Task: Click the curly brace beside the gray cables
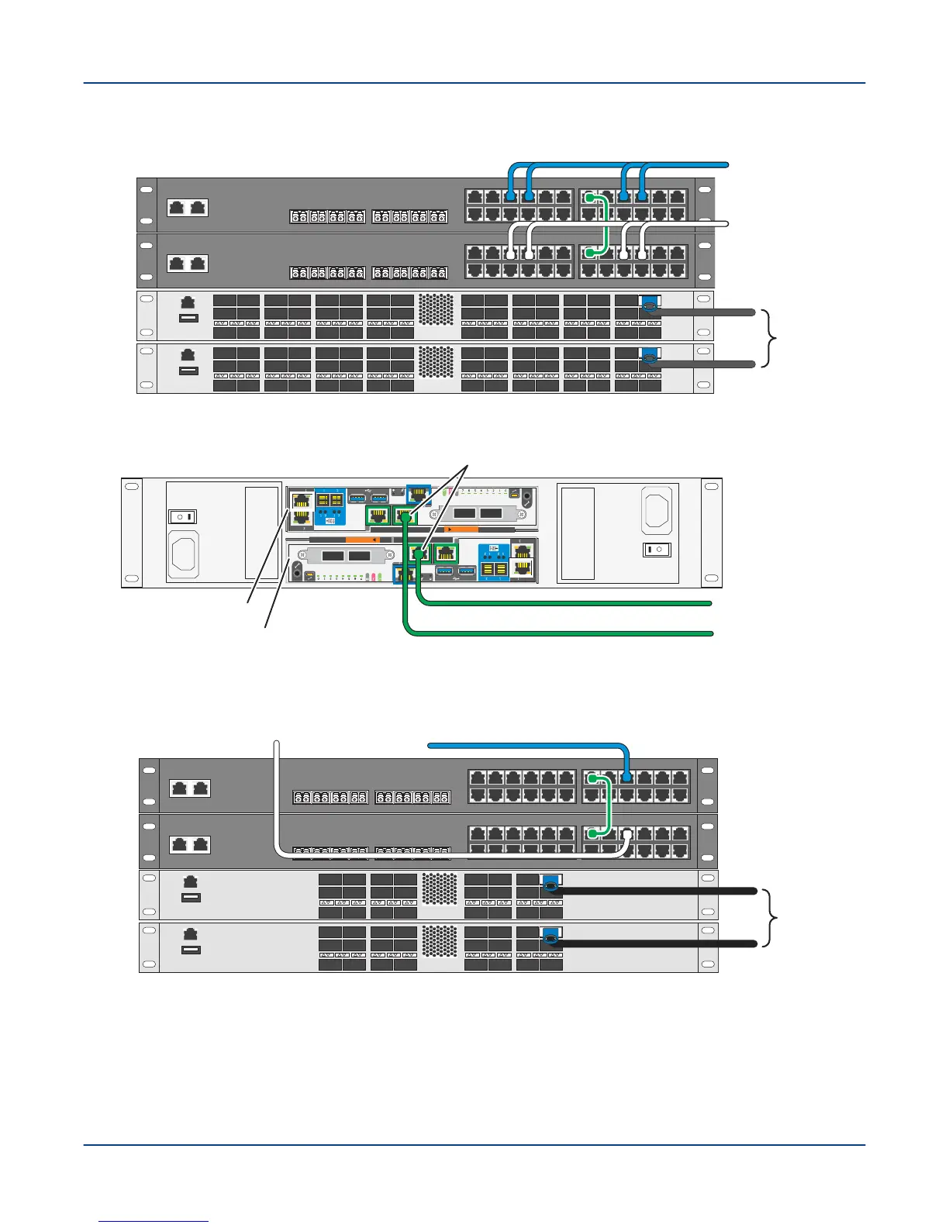(770, 337)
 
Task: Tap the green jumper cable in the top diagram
(605, 225)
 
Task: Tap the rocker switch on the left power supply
(183, 516)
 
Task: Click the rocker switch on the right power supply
(657, 550)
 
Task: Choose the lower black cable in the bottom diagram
(659, 943)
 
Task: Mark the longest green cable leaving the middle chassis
(558, 633)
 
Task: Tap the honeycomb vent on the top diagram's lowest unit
(436, 363)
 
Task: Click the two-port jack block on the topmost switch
(188, 207)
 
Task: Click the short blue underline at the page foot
(154, 1222)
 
